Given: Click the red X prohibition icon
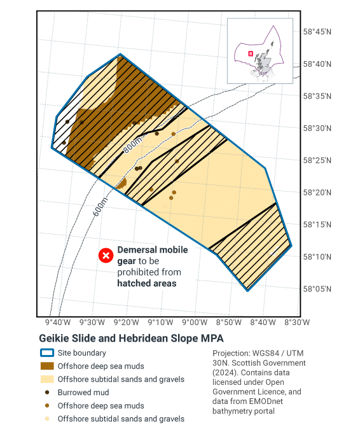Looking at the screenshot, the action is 106,256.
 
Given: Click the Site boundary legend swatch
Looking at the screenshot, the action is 46,352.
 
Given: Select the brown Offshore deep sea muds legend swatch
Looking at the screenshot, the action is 46,366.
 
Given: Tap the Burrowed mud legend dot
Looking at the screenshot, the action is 46,393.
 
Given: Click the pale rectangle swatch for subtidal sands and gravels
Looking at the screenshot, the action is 46,379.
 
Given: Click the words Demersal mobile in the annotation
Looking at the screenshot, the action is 153,250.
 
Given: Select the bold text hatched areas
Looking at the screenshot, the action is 147,283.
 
